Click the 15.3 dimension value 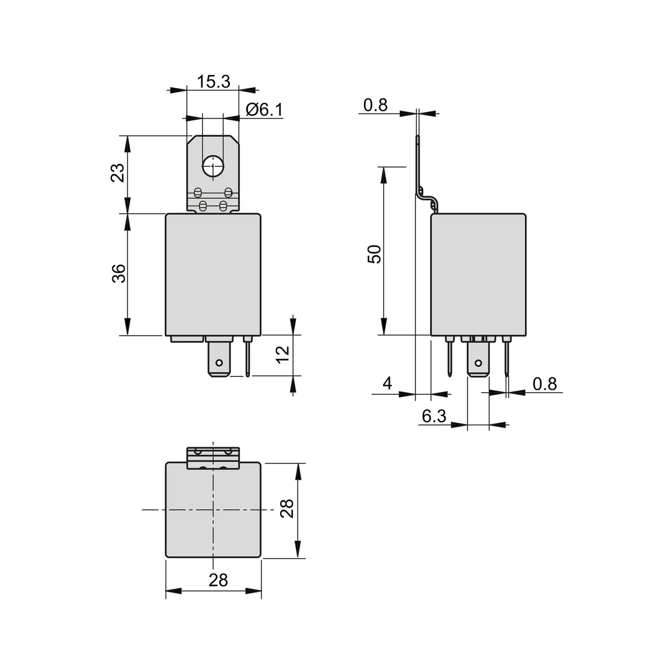point(214,82)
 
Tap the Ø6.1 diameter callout point(264,110)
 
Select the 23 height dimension point(117,173)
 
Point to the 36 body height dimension point(119,273)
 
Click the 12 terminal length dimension point(283,355)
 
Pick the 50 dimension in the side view point(375,254)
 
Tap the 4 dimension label point(387,384)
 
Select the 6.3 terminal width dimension point(434,416)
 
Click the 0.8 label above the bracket point(375,105)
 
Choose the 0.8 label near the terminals point(545,384)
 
